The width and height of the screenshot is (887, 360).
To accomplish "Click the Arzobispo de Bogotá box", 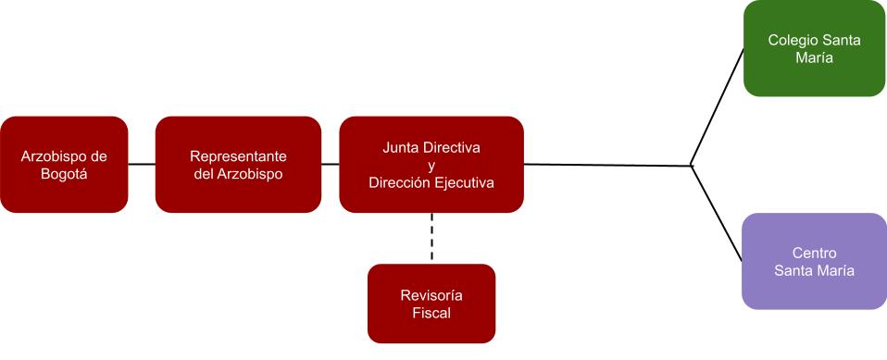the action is (x=64, y=165).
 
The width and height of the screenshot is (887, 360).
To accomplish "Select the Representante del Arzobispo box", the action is (x=238, y=165).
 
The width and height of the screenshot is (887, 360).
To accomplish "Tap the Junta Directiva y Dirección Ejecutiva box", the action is (x=431, y=165).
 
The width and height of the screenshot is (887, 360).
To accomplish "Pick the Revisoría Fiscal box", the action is (x=431, y=304).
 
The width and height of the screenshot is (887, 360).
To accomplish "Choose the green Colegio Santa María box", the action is (x=814, y=49).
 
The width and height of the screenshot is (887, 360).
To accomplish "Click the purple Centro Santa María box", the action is (x=814, y=261).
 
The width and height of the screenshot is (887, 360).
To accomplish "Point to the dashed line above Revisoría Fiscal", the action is (x=431, y=237).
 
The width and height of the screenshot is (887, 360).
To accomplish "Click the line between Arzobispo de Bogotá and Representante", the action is (x=142, y=165).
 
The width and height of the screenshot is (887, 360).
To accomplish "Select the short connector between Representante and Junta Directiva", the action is (x=331, y=165).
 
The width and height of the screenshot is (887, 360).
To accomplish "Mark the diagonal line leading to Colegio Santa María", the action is (x=718, y=107).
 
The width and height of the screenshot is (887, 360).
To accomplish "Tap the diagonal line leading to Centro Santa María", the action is (x=716, y=213).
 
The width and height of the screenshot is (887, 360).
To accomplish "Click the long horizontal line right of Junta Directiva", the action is (x=607, y=165).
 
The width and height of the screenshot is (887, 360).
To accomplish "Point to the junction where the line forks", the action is (x=692, y=166).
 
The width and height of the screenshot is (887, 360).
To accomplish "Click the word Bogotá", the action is (x=64, y=174).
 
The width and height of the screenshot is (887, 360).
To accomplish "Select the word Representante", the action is (x=238, y=156).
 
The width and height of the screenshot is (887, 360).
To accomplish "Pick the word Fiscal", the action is (x=431, y=313).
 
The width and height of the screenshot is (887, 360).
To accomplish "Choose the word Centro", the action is (x=814, y=253).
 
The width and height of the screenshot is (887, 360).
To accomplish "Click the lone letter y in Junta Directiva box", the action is (x=431, y=167).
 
